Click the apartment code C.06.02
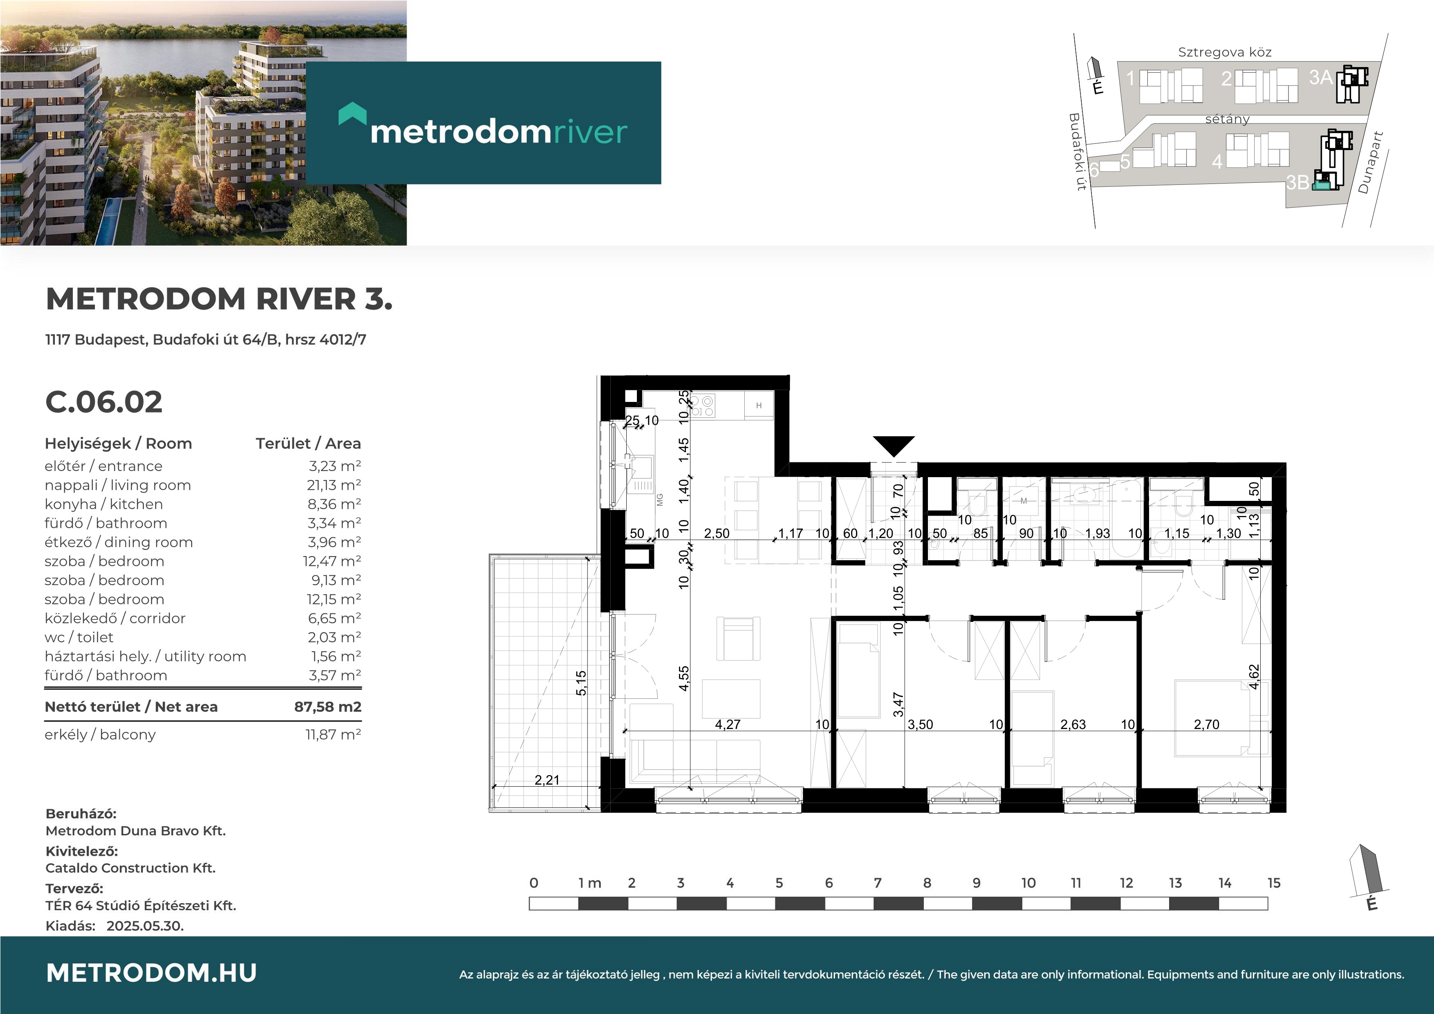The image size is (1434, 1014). (x=104, y=402)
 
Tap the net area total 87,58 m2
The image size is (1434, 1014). (x=328, y=707)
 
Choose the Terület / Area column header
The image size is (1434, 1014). (x=308, y=444)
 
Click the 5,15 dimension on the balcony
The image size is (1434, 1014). (x=581, y=683)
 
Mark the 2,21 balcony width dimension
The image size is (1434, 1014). (x=547, y=780)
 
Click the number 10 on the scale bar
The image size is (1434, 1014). (x=1028, y=883)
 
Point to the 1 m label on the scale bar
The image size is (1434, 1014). (x=589, y=883)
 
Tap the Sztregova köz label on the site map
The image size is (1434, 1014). (x=1225, y=52)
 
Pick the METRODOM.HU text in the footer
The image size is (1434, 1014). (x=152, y=973)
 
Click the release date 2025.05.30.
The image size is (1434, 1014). (x=145, y=926)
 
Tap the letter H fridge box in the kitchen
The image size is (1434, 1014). (x=759, y=406)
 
